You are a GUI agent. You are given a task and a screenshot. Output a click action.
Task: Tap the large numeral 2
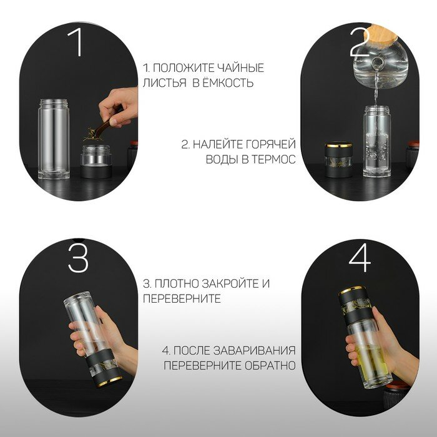click(x=360, y=42)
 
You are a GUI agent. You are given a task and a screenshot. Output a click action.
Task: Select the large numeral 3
click(x=78, y=258)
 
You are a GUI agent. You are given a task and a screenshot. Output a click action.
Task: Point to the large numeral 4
click(x=360, y=258)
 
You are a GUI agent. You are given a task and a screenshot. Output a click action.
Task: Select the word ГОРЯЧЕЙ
click(x=270, y=145)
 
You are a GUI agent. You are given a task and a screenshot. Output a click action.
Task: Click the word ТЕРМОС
click(x=273, y=159)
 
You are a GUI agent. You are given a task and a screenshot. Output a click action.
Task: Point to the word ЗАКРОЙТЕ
click(x=228, y=283)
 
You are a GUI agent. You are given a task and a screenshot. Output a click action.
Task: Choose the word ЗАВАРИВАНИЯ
click(x=254, y=350)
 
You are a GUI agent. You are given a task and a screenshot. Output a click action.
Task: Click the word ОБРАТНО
click(x=270, y=365)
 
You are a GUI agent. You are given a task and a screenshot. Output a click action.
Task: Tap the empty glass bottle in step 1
click(x=54, y=139)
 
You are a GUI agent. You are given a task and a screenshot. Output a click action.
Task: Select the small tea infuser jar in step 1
click(x=96, y=161)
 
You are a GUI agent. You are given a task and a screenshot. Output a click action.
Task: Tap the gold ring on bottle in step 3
click(x=110, y=381)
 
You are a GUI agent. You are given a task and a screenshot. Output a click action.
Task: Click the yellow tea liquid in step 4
click(x=371, y=362)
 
